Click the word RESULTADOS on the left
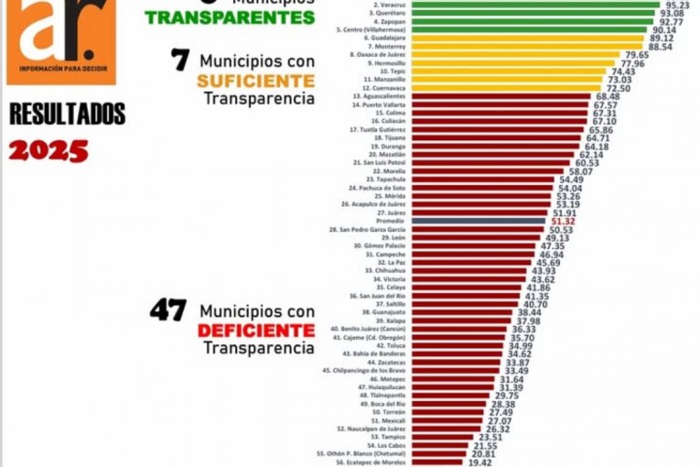click(x=68, y=114)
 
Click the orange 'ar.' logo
click(x=60, y=40)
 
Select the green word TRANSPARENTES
click(x=230, y=17)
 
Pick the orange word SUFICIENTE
click(x=255, y=81)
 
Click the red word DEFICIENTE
click(x=256, y=330)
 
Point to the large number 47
click(x=168, y=310)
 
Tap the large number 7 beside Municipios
click(x=180, y=60)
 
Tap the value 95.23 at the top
click(x=677, y=5)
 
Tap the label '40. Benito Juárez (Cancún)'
click(x=368, y=329)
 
